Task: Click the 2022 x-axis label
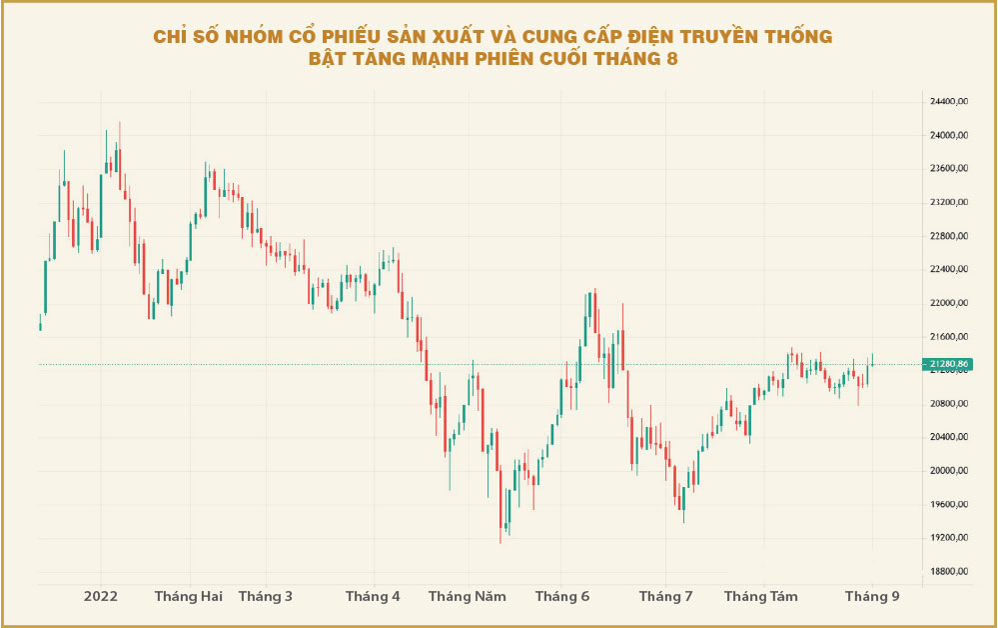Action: coord(101,597)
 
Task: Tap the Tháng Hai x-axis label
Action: coord(189,597)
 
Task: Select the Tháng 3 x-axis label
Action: coord(266,597)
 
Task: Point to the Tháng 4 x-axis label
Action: coord(373,597)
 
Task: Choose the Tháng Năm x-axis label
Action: coord(468,597)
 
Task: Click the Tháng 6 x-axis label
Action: coord(562,597)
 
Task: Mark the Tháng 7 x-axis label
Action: coord(666,597)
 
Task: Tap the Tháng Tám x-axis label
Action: coord(761,597)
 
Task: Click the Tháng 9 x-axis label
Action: coord(873,597)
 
